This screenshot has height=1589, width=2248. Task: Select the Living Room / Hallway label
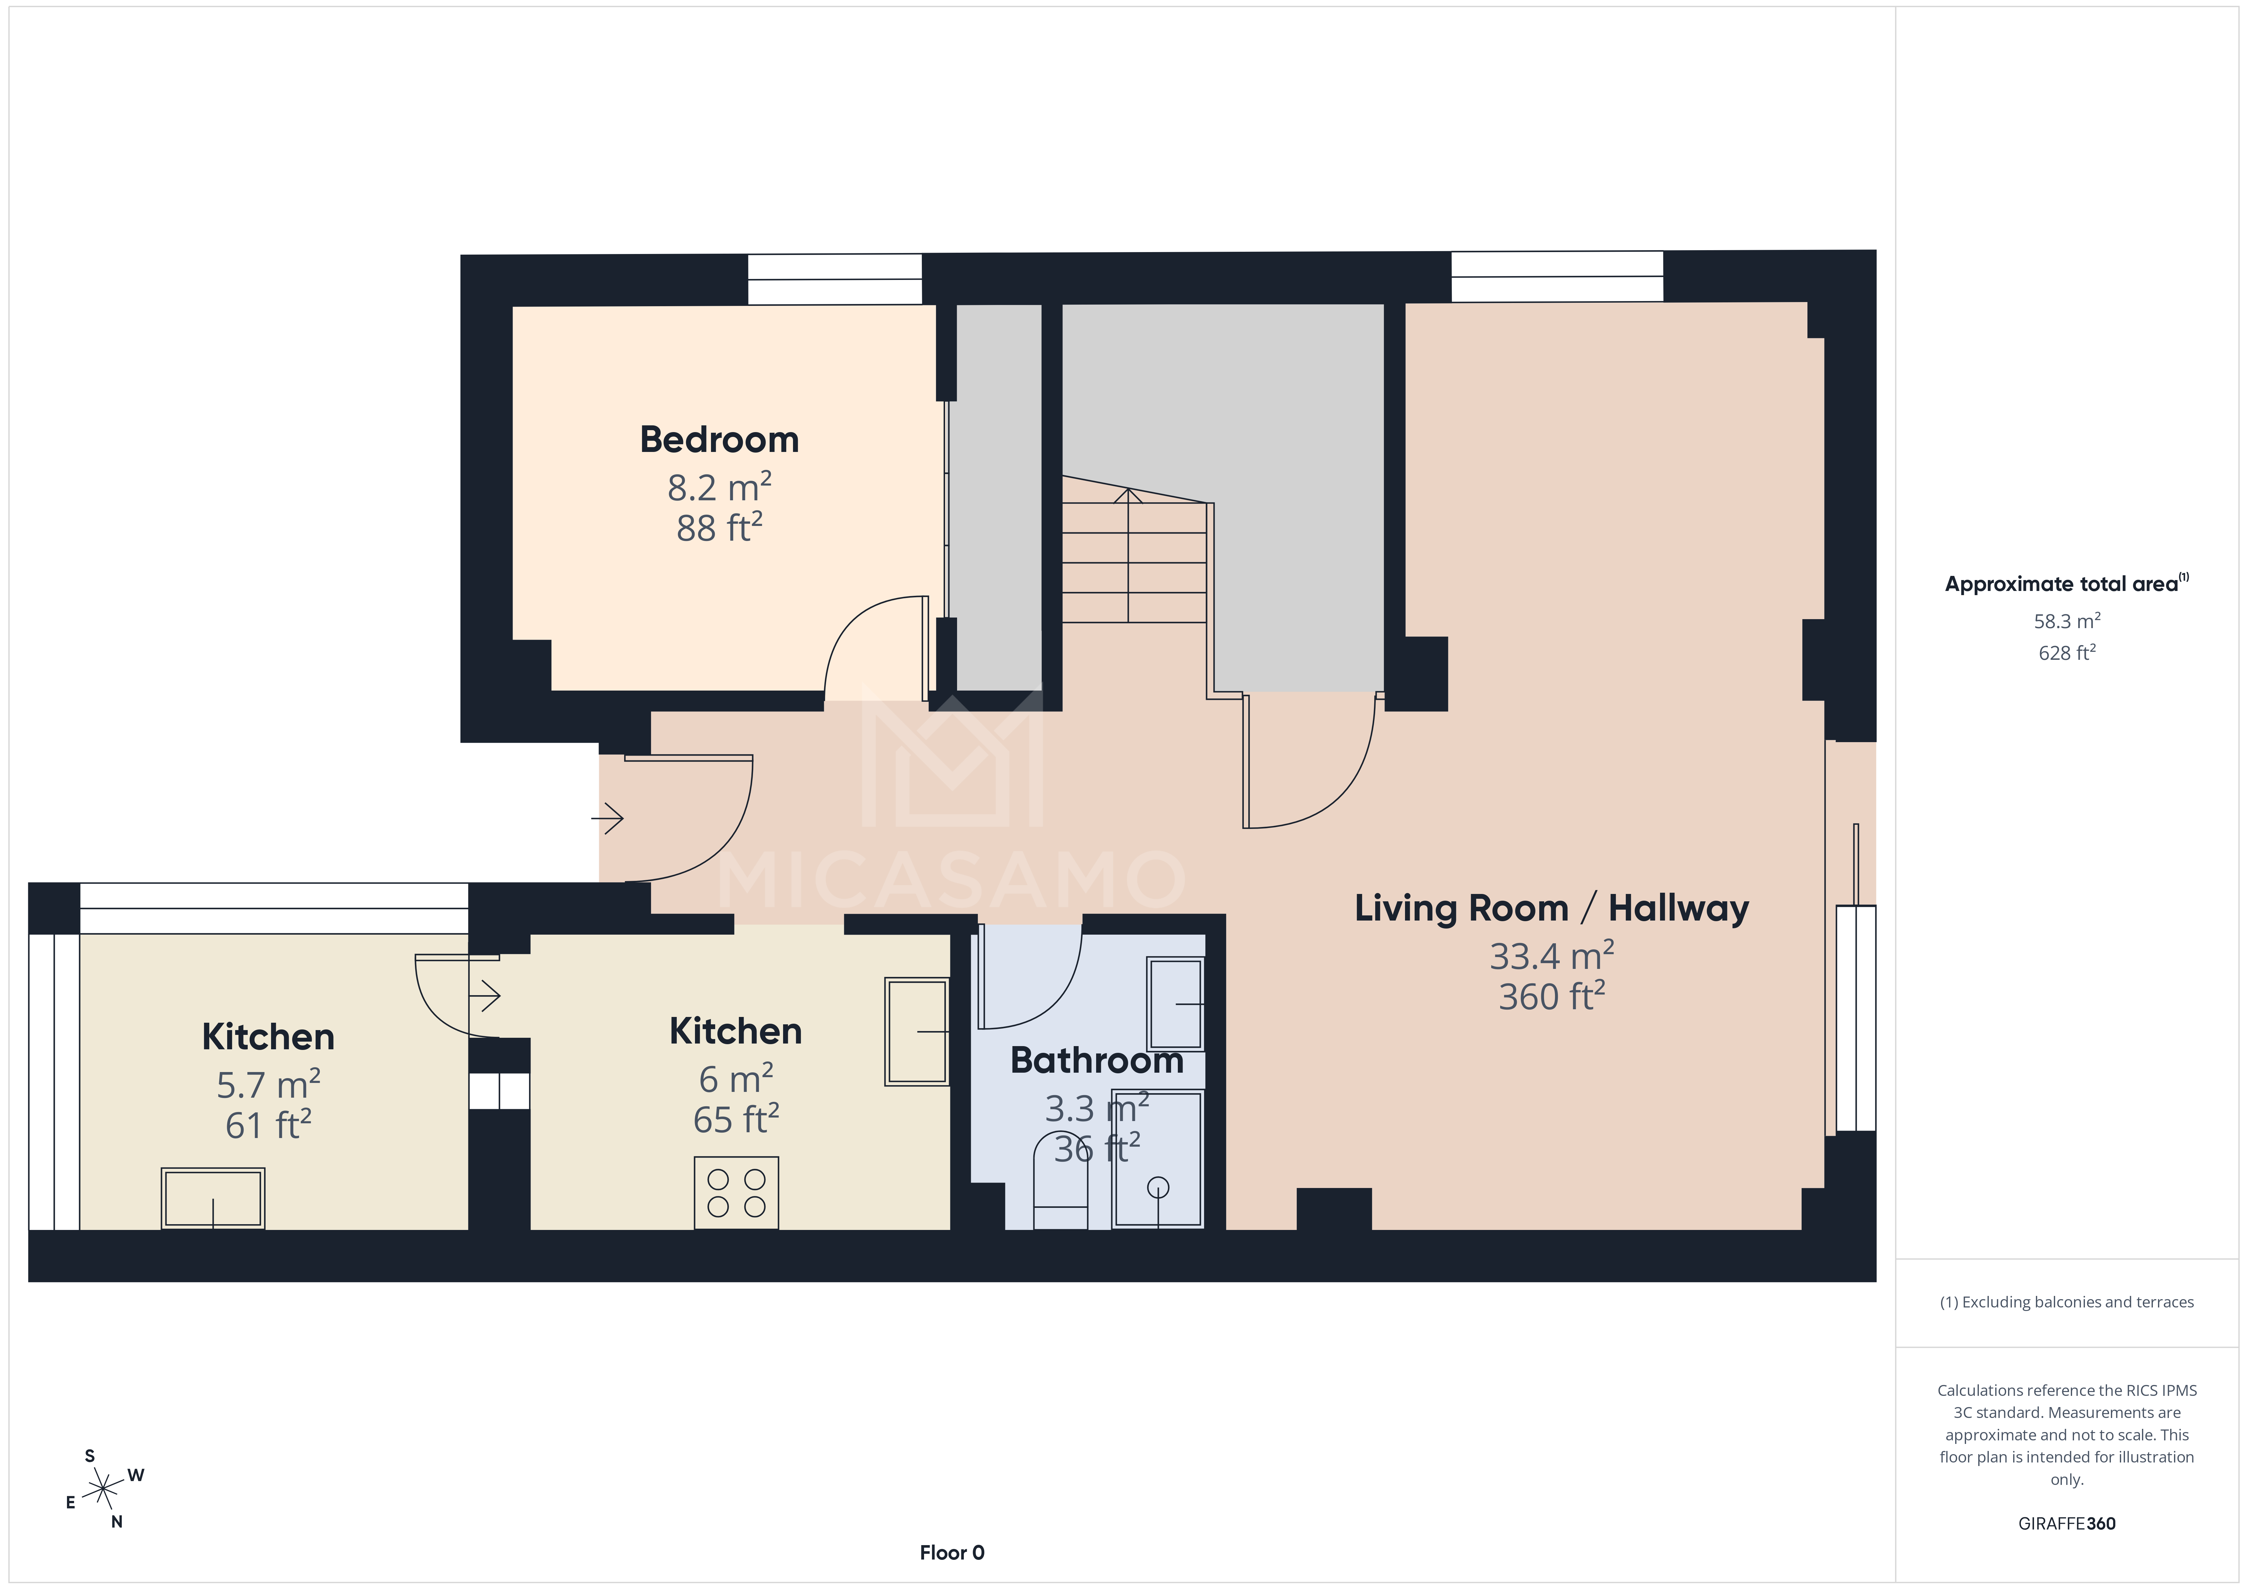point(1551,909)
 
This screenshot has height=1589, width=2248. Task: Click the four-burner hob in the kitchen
point(736,1192)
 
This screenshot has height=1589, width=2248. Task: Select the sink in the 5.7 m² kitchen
point(212,1197)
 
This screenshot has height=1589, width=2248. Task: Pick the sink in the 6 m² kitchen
point(916,1031)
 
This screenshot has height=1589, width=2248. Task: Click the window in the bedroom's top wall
point(834,279)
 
